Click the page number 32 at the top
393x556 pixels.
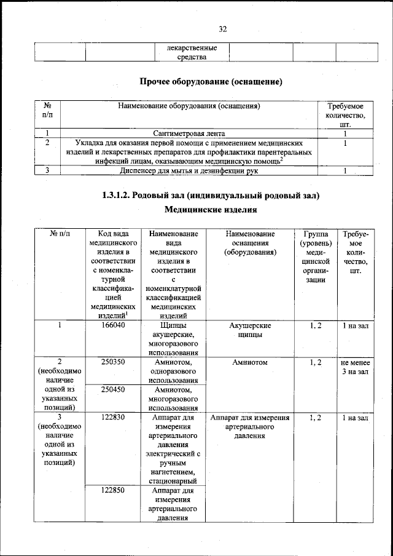(222, 28)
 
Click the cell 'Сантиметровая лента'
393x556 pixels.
(189, 133)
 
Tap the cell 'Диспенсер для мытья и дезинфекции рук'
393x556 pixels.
(189, 171)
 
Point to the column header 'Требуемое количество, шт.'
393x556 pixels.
(346, 114)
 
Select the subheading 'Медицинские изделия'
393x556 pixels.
(211, 210)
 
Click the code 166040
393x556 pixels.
(113, 325)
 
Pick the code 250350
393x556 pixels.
(113, 362)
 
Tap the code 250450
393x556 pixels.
(113, 389)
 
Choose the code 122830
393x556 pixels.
(113, 418)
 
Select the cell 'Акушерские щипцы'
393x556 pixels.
(249, 330)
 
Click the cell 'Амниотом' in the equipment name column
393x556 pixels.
(249, 363)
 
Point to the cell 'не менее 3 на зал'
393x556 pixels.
(355, 367)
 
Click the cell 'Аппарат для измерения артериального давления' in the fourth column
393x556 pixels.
(249, 427)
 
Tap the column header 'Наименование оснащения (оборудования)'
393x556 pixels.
(249, 243)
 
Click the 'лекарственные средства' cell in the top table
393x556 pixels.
(189, 52)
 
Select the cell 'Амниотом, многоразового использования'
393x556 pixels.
(173, 399)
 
